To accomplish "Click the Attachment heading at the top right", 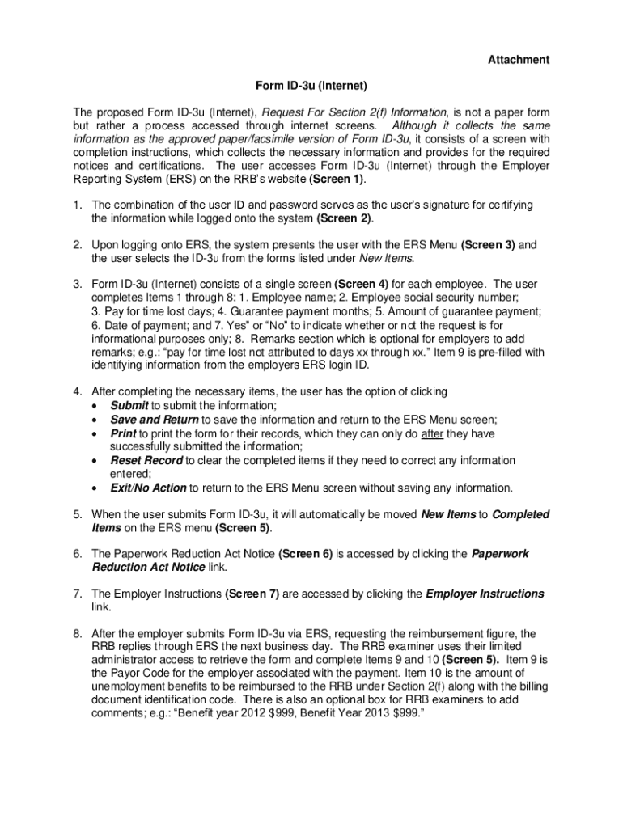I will [518, 60].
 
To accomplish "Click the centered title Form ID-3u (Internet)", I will [311, 85].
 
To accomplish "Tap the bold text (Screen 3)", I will [488, 244].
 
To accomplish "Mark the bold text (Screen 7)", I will [252, 594].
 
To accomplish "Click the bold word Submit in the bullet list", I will [129, 405].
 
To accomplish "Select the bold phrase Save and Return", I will [154, 420].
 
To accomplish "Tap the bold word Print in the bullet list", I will [124, 433].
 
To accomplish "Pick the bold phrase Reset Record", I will [146, 460].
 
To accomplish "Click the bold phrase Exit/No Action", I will [149, 488].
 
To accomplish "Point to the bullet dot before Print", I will [96, 434].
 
